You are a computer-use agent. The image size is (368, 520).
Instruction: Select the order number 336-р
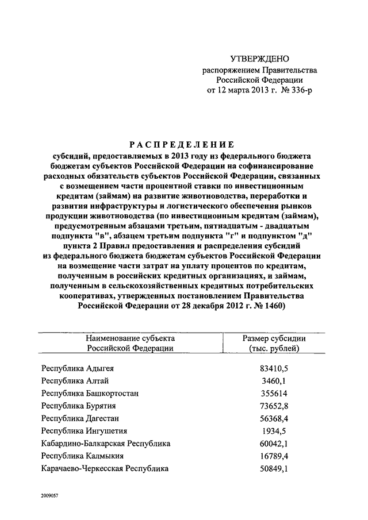point(302,90)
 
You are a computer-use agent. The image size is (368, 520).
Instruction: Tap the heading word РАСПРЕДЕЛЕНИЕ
point(183,144)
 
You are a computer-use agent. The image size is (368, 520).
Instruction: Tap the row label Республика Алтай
point(74,381)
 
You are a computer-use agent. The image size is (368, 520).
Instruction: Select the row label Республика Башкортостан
point(90,394)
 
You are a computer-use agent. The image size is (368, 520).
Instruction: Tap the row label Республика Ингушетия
point(84,431)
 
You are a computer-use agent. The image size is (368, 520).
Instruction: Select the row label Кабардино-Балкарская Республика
point(106,444)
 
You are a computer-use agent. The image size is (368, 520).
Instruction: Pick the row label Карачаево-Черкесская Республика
point(105,469)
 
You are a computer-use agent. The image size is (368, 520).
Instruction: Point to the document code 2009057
point(52,494)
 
